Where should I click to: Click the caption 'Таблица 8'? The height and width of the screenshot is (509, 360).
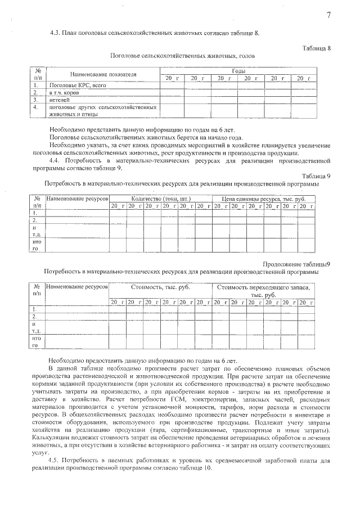point(316,48)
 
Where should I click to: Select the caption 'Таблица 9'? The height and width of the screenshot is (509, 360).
point(316,176)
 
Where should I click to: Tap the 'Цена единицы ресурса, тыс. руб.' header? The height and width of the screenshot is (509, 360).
point(262,199)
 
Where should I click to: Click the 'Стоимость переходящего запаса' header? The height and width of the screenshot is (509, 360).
point(263,287)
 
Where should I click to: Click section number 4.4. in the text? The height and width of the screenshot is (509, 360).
point(56,160)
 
